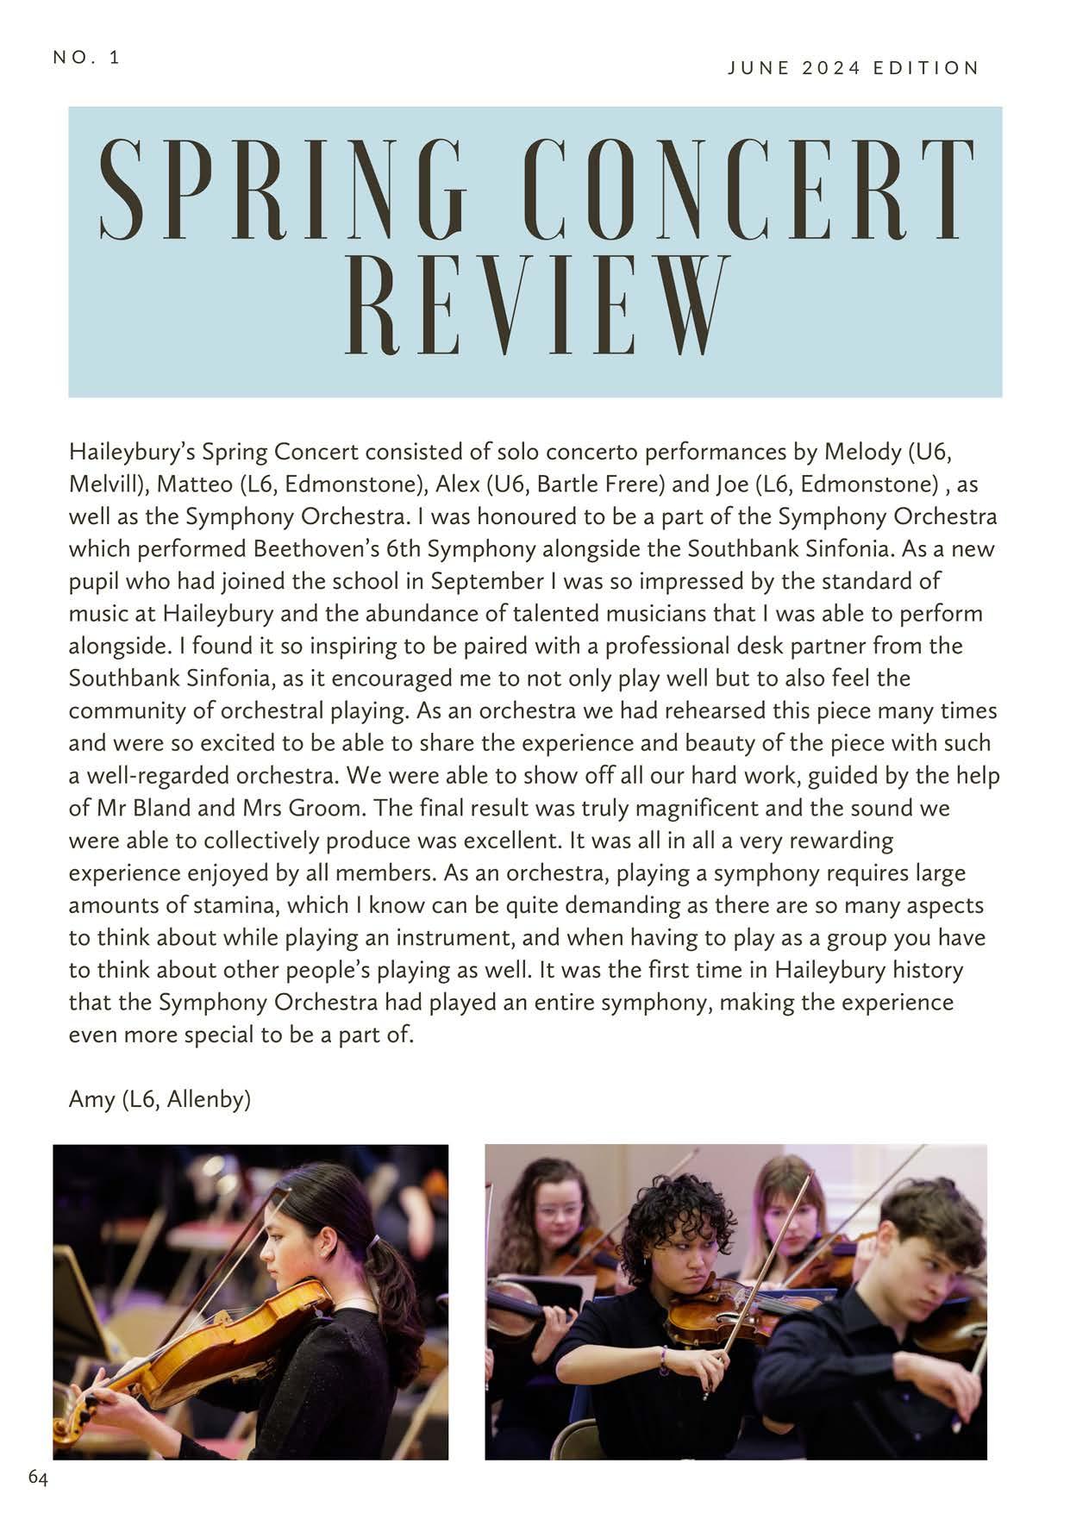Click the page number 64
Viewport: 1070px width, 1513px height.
(x=38, y=1477)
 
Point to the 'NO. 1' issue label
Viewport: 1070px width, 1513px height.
(x=86, y=58)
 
